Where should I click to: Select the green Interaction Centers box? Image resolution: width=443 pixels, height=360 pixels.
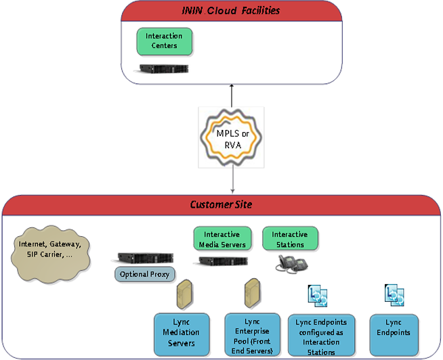coord(165,41)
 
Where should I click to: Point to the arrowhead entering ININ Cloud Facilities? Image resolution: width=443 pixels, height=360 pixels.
coord(232,87)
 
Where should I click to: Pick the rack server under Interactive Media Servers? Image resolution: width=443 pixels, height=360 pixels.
coord(220,262)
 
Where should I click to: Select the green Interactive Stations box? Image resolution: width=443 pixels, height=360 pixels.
coord(289,239)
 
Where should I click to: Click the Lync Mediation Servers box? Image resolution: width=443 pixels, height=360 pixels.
coord(182,333)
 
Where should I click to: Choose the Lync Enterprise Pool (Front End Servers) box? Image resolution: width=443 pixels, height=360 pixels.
coord(251,333)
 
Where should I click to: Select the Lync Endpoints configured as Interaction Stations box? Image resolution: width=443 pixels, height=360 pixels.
coord(320,333)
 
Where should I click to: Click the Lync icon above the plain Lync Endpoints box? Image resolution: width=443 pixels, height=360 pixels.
coord(394,295)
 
